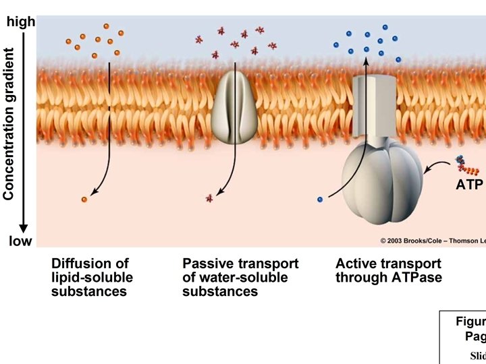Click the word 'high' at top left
pyautogui.click(x=20, y=22)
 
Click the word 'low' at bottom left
pyautogui.click(x=20, y=241)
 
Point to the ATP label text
pyautogui.click(x=469, y=184)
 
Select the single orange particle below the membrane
pyautogui.click(x=84, y=200)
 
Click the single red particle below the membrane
pyautogui.click(x=209, y=198)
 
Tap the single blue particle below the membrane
pyautogui.click(x=319, y=200)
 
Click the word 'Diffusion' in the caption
pyautogui.click(x=81, y=264)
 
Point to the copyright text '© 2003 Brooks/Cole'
pyautogui.click(x=411, y=241)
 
